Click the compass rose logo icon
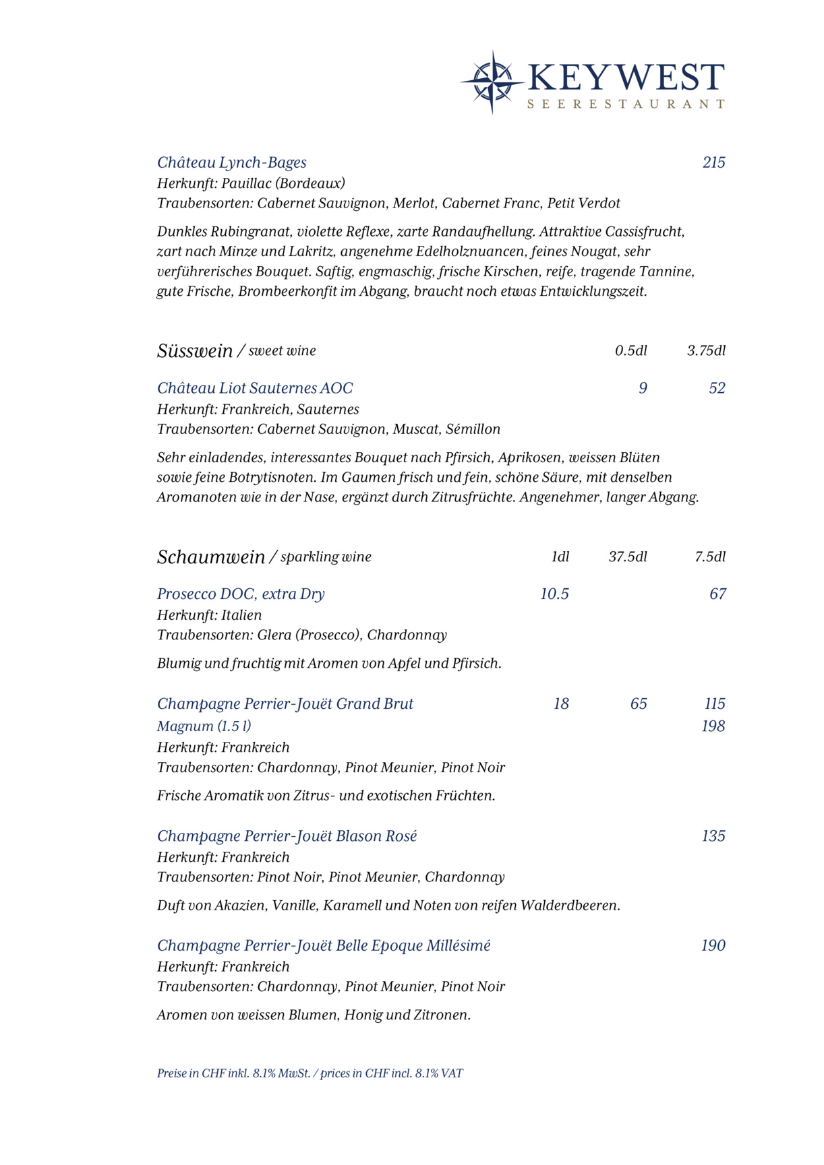492,82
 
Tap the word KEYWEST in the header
626,77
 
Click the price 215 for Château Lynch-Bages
713,162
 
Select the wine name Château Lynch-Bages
231,162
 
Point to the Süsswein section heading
195,351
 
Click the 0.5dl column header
630,350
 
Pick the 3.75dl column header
706,350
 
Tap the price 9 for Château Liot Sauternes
643,388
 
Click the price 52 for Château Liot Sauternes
717,388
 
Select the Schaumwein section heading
211,557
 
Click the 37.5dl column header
627,557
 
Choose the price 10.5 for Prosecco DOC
554,594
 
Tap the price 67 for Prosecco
717,594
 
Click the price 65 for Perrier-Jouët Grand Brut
638,704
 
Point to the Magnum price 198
713,726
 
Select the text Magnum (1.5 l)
204,726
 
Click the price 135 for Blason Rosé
713,836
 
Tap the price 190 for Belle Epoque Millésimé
713,946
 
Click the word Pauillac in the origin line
246,183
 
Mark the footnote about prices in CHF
310,1073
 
